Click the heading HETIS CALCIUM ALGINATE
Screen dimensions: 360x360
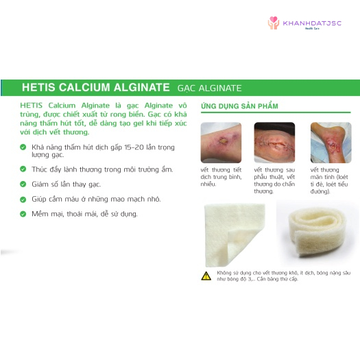(x=95, y=88)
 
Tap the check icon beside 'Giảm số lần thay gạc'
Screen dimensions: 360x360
(x=23, y=184)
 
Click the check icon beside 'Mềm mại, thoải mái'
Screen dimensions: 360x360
(x=23, y=214)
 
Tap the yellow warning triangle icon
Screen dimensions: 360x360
(x=206, y=276)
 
